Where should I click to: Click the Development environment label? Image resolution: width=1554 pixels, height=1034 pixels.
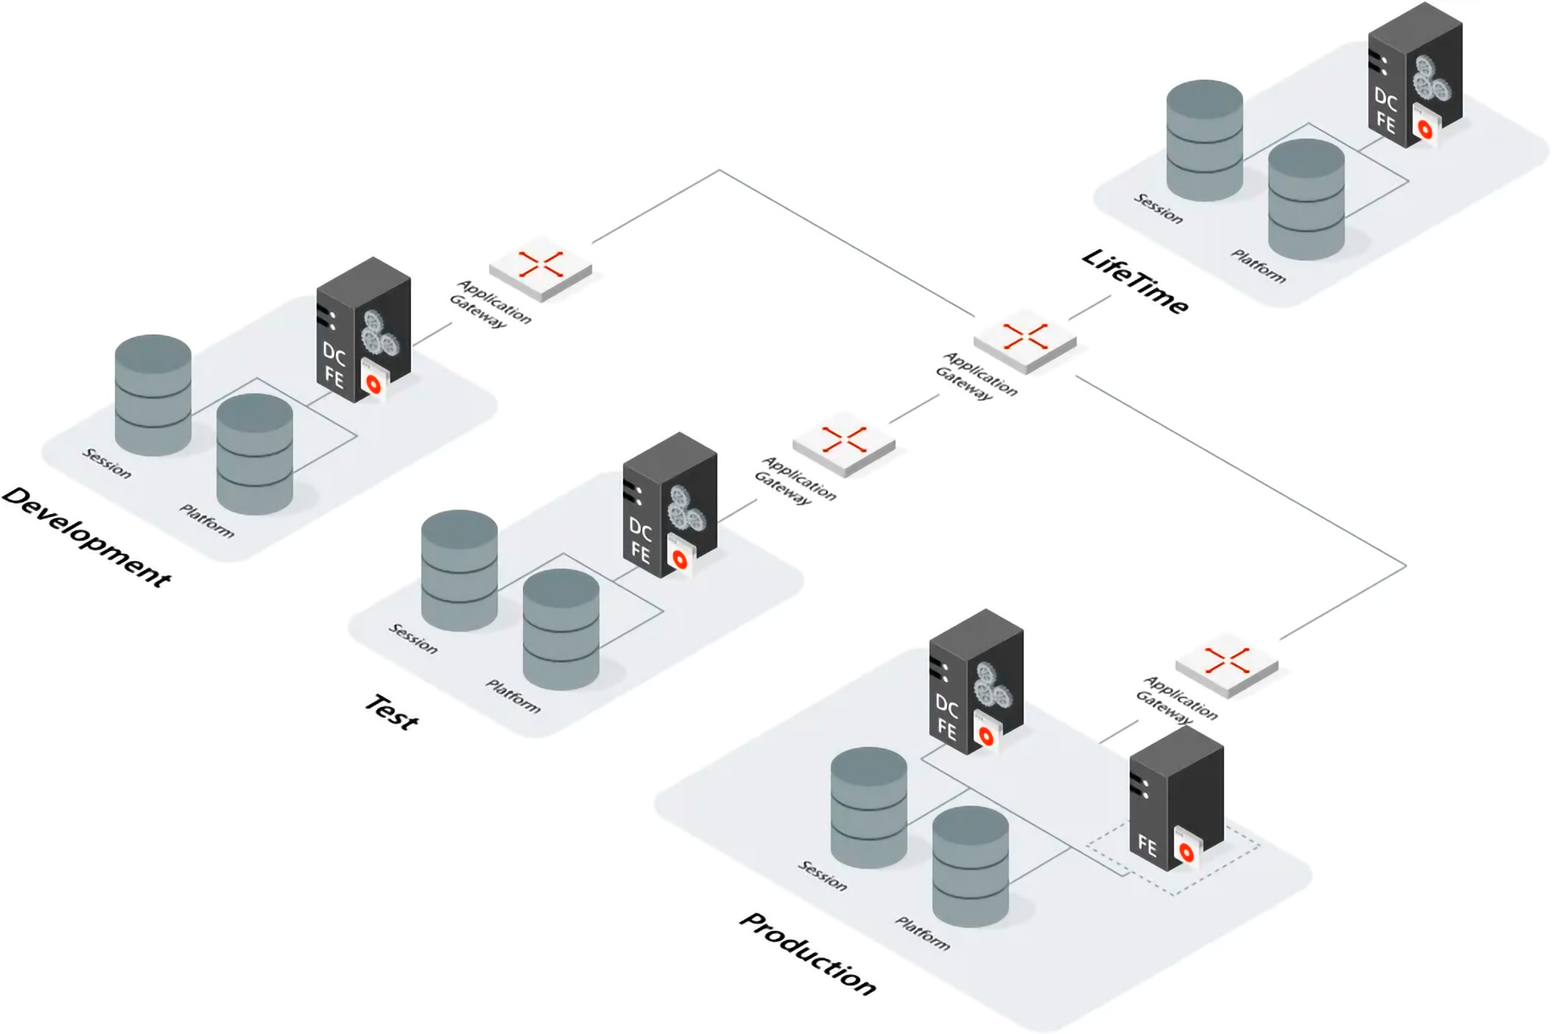pos(87,537)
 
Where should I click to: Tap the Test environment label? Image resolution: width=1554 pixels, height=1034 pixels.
pos(392,712)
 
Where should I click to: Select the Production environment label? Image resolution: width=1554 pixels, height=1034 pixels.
pos(808,954)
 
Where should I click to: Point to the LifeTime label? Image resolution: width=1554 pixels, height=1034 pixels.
pos(1135,281)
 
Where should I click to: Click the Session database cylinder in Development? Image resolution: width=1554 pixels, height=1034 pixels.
pos(153,395)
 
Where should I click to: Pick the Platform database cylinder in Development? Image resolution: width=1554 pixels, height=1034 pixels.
pos(255,454)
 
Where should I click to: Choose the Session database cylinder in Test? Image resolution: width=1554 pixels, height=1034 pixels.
pos(460,570)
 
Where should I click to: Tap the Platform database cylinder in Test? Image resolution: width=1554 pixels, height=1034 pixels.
pos(561,629)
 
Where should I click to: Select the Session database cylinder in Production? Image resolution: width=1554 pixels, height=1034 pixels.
pos(869,807)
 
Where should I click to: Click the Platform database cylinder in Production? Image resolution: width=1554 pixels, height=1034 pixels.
pos(971,866)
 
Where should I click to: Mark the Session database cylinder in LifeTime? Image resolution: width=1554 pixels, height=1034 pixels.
pos(1205,140)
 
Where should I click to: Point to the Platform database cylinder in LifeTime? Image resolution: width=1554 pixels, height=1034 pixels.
pos(1307,199)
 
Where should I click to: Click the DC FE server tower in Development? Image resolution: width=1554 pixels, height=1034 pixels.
pos(364,330)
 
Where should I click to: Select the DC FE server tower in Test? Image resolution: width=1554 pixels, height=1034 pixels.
pos(670,505)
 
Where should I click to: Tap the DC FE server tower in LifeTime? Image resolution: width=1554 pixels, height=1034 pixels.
pos(1416,75)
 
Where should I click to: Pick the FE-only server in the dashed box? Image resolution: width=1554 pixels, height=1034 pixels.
pos(1177,798)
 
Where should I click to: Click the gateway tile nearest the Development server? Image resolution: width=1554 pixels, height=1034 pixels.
pos(541,268)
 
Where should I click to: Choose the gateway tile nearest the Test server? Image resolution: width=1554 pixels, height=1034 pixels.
pos(844,443)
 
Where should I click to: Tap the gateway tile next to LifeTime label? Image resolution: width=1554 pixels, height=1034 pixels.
pos(1025,340)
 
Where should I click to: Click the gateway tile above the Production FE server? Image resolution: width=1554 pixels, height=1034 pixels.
pos(1227,664)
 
